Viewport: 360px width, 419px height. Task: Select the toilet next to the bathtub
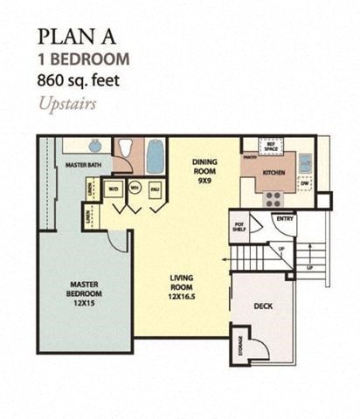(126, 150)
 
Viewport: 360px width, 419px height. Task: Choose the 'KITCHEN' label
(275, 173)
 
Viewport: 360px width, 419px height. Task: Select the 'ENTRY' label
(284, 218)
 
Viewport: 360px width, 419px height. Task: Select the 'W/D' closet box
(114, 188)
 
